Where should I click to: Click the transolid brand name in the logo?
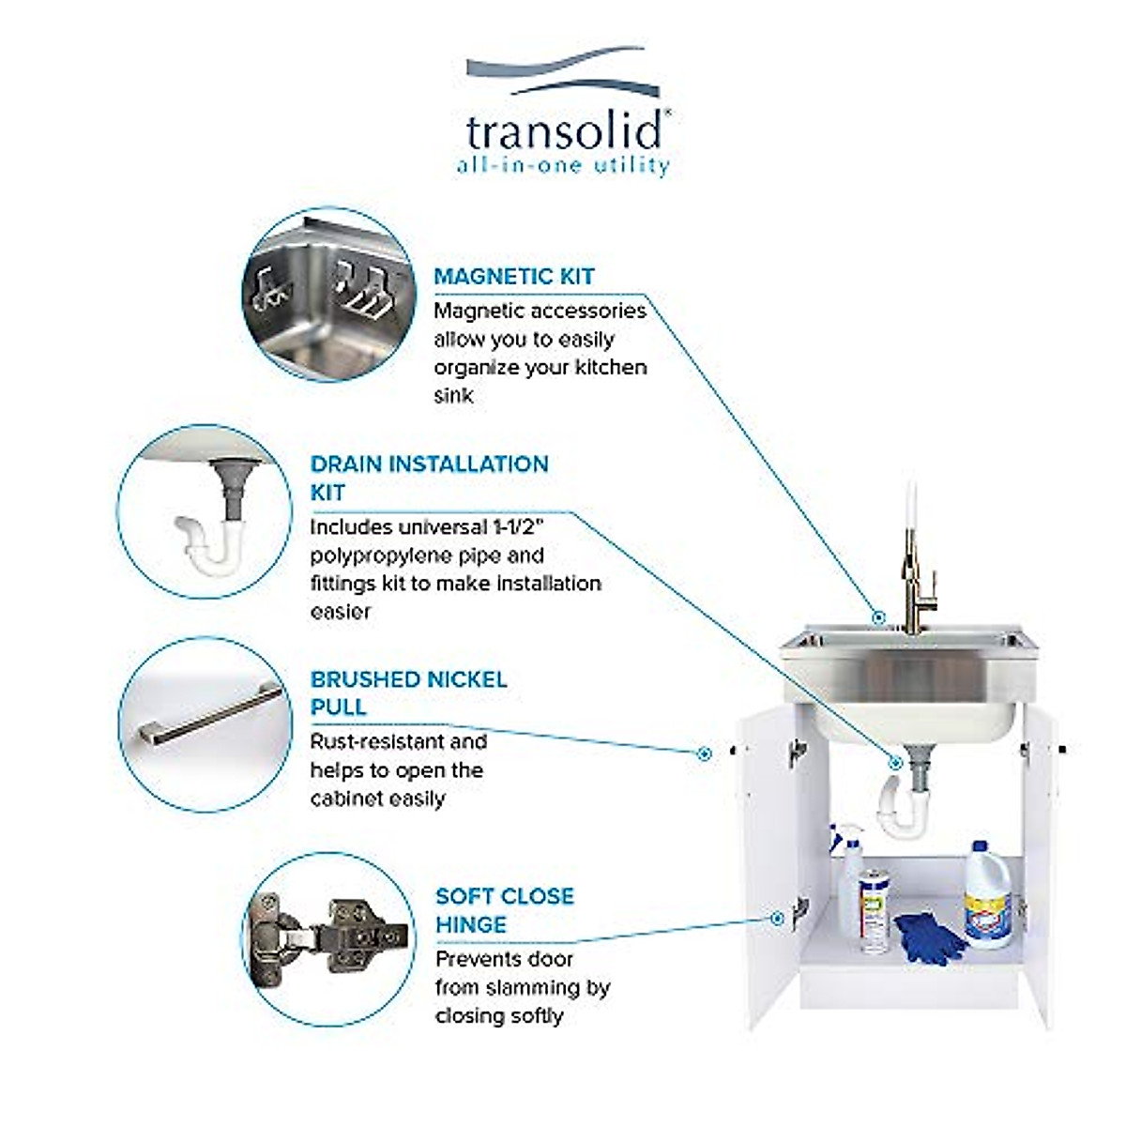point(563,131)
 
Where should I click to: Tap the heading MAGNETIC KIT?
point(514,277)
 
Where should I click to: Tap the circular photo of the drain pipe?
point(205,511)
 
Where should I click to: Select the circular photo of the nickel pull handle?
point(205,724)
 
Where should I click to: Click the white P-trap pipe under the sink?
point(899,802)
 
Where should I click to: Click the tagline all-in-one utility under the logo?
point(563,167)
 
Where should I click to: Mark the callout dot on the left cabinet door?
point(704,753)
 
